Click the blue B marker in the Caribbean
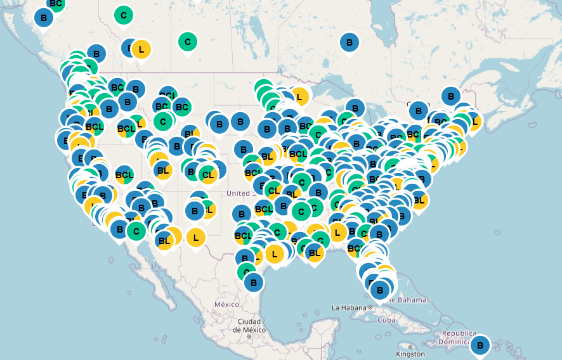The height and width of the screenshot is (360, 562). (x=480, y=345)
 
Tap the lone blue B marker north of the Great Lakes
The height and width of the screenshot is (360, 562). (x=349, y=43)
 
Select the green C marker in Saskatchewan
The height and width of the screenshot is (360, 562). (x=187, y=42)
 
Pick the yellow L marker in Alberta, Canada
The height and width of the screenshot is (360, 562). (x=141, y=49)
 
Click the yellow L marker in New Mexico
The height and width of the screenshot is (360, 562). (x=196, y=238)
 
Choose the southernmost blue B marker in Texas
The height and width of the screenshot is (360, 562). (x=254, y=282)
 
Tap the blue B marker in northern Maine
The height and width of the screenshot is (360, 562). (x=450, y=96)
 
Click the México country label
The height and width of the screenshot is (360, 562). (x=226, y=304)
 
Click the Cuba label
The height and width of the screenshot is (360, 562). (x=386, y=319)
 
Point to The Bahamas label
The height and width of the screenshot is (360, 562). (x=408, y=300)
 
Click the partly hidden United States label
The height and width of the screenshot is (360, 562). (x=239, y=193)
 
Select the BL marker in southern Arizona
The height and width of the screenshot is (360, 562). (x=164, y=240)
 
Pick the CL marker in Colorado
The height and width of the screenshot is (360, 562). (x=207, y=174)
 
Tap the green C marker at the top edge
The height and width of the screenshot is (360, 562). (x=123, y=15)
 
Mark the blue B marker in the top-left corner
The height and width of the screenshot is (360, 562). (x=43, y=18)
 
